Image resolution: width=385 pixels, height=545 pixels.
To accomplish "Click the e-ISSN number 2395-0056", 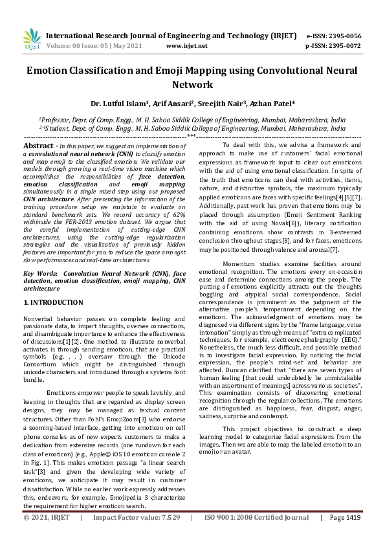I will [347, 36].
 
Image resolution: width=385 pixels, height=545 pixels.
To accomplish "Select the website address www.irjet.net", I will [187, 47].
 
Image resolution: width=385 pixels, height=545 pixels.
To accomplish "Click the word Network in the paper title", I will [192, 85].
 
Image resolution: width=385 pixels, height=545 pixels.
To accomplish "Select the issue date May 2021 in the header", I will [121, 47].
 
